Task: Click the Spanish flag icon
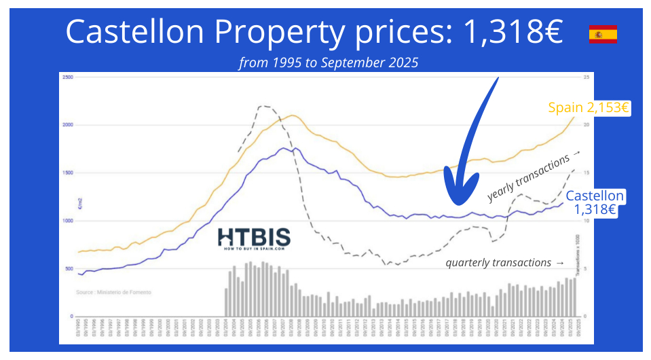603,34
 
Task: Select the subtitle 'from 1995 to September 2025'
329,62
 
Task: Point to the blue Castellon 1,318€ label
595,203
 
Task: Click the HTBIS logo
254,238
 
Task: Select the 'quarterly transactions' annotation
504,262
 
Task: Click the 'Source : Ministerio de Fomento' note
113,292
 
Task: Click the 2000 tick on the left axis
67,125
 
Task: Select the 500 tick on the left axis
69,269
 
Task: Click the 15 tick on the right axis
586,173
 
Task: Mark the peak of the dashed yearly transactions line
264,105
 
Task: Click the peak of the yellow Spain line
292,115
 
